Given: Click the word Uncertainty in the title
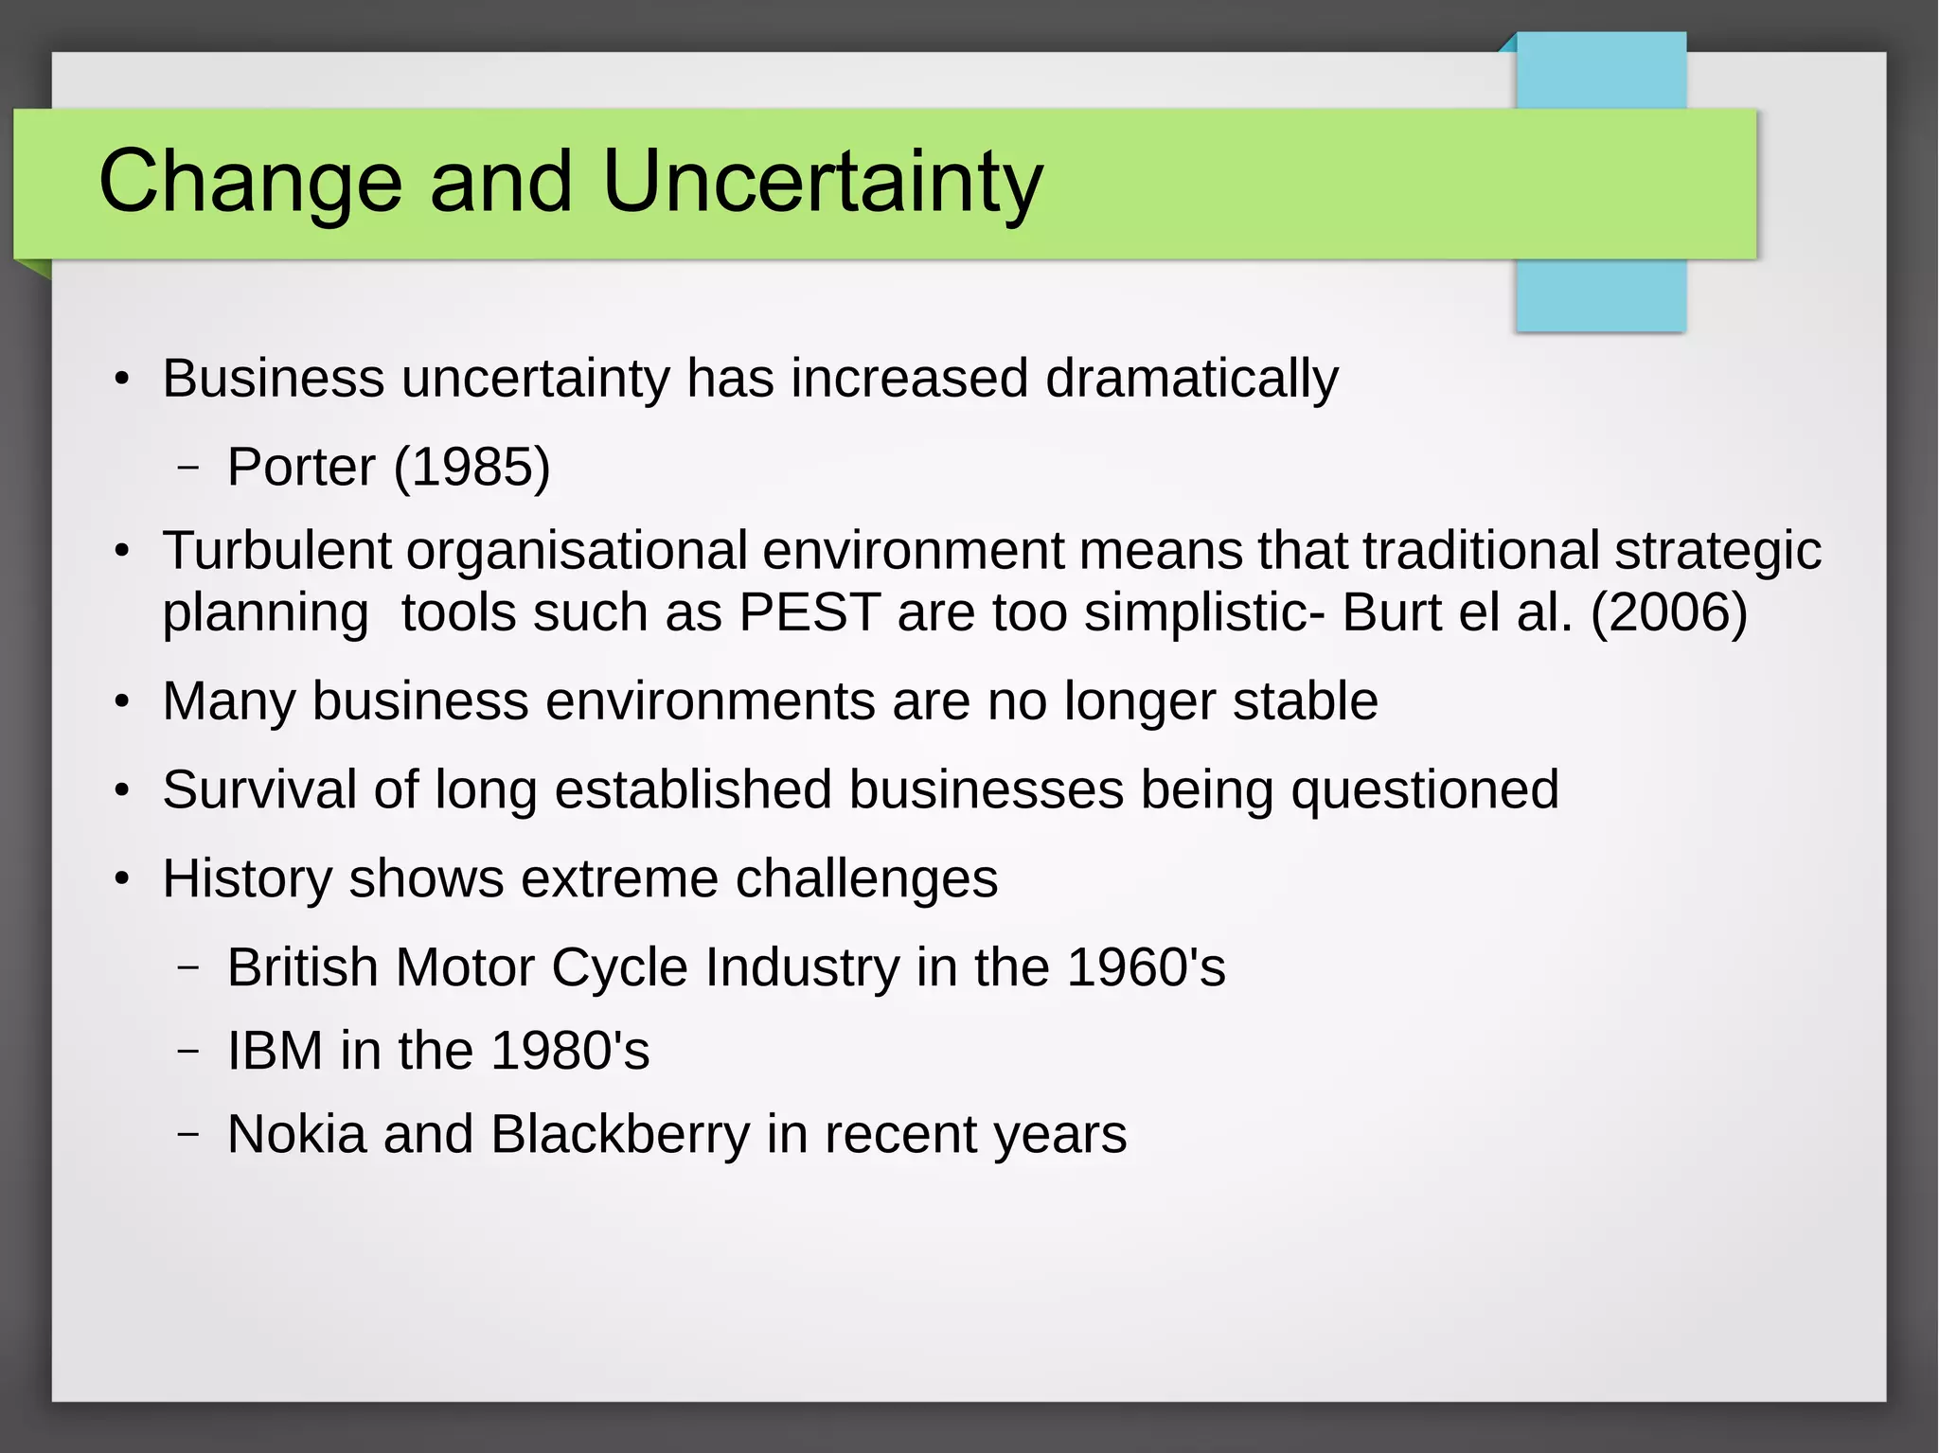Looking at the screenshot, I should (x=822, y=182).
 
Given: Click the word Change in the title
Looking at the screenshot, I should (x=251, y=182).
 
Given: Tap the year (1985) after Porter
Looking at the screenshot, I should (x=471, y=467).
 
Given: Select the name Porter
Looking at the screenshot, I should (x=301, y=467).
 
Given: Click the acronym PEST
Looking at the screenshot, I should (x=809, y=612).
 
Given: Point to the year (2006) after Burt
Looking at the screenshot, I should (x=1668, y=612).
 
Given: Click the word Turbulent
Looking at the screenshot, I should (x=276, y=550).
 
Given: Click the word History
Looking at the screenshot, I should (x=247, y=878).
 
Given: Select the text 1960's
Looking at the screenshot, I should (x=1146, y=967).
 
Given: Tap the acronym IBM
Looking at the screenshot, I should (x=275, y=1051).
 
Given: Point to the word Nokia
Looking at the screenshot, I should (x=296, y=1134).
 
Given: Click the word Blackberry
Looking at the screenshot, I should (x=620, y=1134).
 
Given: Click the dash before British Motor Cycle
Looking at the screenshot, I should (x=188, y=967).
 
